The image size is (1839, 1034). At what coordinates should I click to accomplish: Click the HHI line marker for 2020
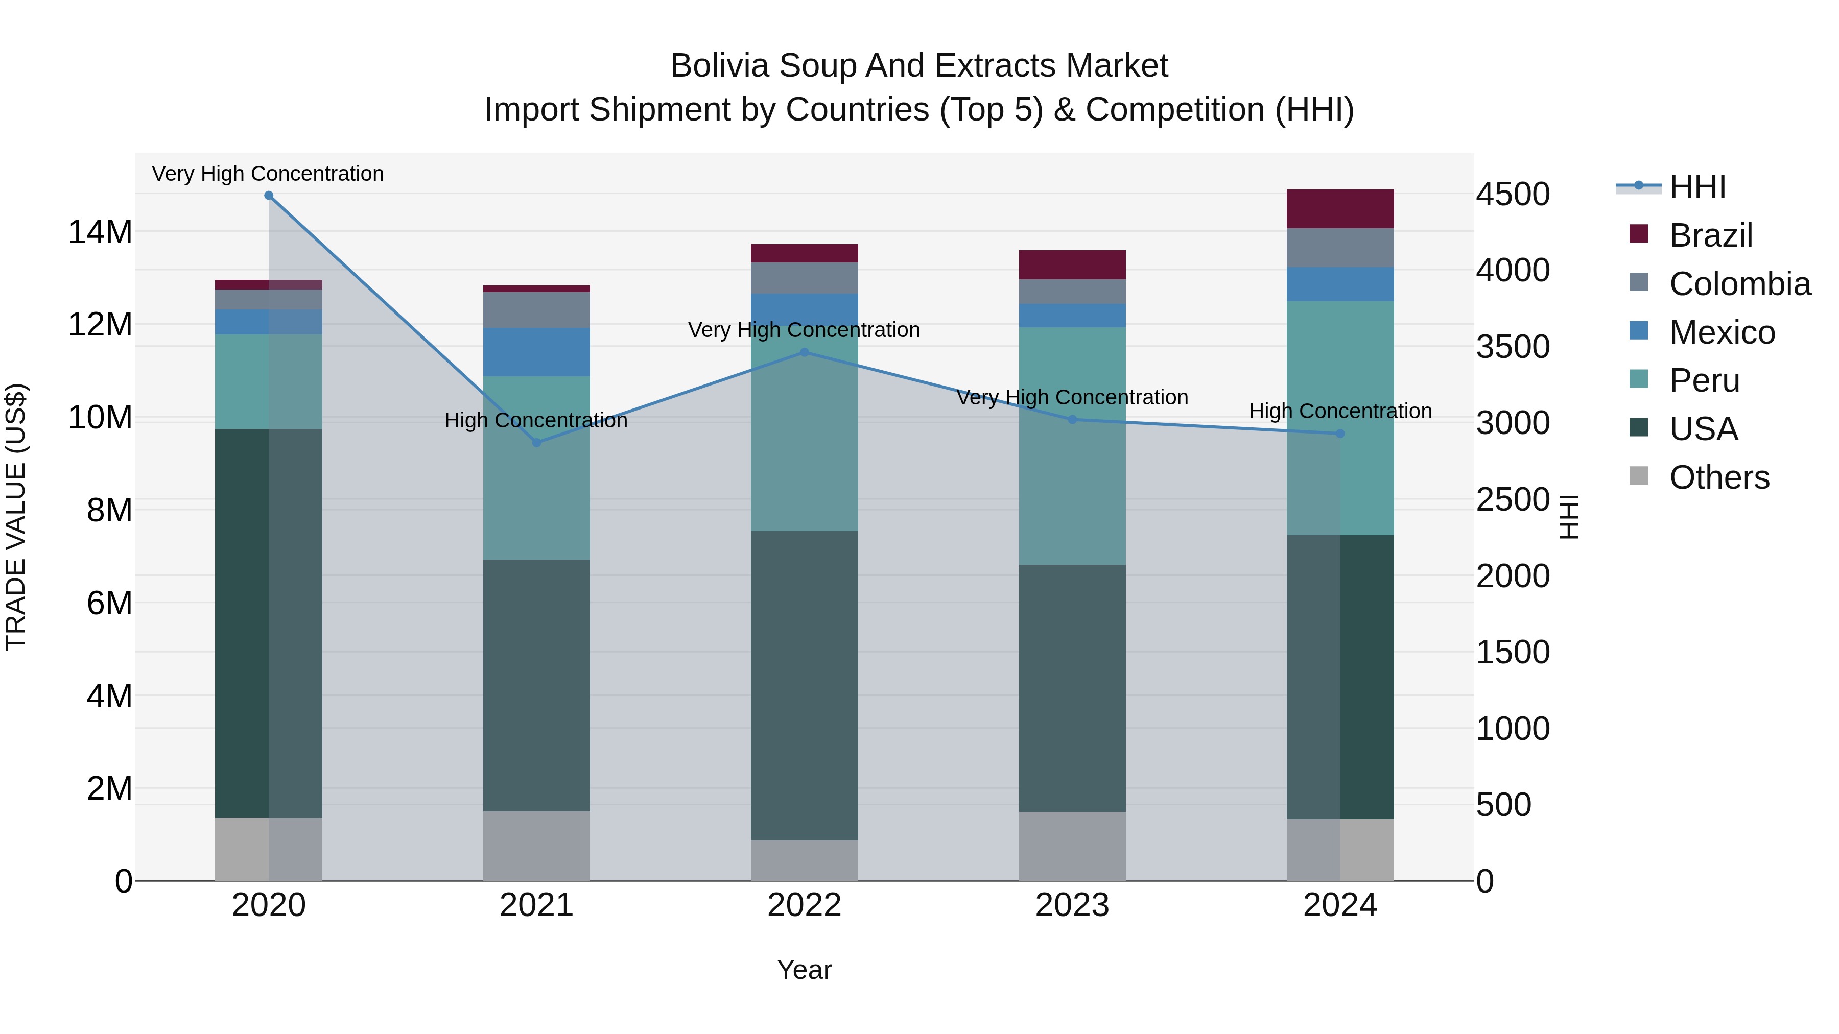tap(268, 196)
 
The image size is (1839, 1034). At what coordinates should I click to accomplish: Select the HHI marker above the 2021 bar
tap(537, 442)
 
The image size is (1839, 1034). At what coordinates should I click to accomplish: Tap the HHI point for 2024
tap(1340, 433)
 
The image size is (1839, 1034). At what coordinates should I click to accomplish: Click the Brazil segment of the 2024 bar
tap(1340, 209)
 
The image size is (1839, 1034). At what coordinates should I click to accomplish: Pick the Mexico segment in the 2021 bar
tap(537, 352)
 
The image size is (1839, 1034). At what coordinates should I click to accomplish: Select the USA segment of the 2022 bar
tap(805, 685)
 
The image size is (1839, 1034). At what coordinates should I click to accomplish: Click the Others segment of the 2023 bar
tap(1072, 846)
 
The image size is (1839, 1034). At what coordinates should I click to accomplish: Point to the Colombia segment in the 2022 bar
tap(805, 278)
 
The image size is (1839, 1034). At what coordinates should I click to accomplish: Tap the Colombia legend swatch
tap(1639, 282)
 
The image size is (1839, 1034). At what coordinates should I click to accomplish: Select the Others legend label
tap(1719, 477)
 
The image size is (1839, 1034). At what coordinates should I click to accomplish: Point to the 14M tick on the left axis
tap(100, 232)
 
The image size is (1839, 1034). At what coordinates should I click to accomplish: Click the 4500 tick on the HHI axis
tap(1513, 194)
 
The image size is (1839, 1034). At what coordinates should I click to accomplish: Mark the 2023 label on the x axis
tap(1072, 905)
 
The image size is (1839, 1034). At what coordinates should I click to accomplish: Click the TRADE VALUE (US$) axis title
tap(16, 517)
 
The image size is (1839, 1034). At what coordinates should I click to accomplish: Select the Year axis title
tap(804, 970)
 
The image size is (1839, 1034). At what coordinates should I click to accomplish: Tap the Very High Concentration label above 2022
tap(804, 330)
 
